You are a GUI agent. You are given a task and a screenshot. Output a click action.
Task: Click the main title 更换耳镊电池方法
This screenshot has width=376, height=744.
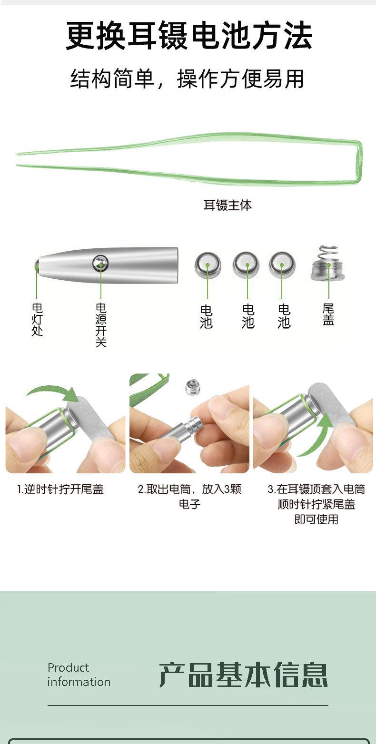pyautogui.click(x=189, y=35)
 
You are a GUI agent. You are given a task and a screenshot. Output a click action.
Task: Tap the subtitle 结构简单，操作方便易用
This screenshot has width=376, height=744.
pyautogui.click(x=187, y=79)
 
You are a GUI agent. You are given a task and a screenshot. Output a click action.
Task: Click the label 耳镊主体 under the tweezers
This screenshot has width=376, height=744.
pyautogui.click(x=228, y=205)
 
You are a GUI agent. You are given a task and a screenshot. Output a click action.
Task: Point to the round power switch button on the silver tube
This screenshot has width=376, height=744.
pyautogui.click(x=100, y=263)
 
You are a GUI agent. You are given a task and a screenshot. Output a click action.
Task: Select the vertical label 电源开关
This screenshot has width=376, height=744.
pyautogui.click(x=101, y=325)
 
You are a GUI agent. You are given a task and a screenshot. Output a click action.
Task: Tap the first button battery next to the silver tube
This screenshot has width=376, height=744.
pyautogui.click(x=208, y=265)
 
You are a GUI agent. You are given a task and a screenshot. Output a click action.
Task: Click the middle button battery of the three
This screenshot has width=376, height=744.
pyautogui.click(x=246, y=264)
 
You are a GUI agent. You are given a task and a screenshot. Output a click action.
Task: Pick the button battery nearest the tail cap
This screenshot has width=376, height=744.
pyautogui.click(x=282, y=264)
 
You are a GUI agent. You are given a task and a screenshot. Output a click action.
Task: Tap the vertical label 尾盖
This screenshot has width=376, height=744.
pyautogui.click(x=328, y=314)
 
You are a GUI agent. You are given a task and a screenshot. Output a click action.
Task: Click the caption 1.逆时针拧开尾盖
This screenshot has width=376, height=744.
pyautogui.click(x=60, y=489)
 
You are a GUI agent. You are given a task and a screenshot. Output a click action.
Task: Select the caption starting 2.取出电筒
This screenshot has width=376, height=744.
pyautogui.click(x=189, y=497)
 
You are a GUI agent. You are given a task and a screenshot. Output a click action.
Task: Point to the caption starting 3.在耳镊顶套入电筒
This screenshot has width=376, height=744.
pyautogui.click(x=316, y=504)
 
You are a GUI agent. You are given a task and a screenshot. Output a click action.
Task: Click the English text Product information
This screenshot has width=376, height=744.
pyautogui.click(x=79, y=675)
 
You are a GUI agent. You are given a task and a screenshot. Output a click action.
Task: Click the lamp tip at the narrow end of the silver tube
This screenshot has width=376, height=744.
pyautogui.click(x=37, y=264)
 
